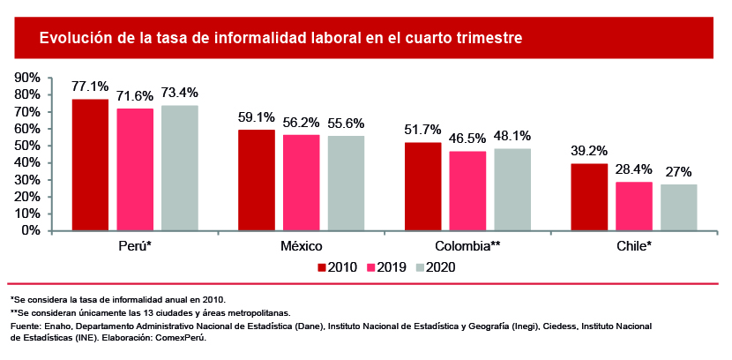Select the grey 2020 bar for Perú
tap(179, 168)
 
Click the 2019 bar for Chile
tap(634, 206)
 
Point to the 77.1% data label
tap(90, 86)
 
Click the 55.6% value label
tap(345, 123)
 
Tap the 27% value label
tap(679, 171)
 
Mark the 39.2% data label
tap(590, 150)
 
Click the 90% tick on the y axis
tap(28, 78)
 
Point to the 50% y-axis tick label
tap(28, 146)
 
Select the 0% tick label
tap(32, 230)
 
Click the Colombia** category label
tap(467, 245)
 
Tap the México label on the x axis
tap(301, 245)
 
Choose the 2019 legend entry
tap(389, 267)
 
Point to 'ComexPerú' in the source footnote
tap(180, 338)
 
